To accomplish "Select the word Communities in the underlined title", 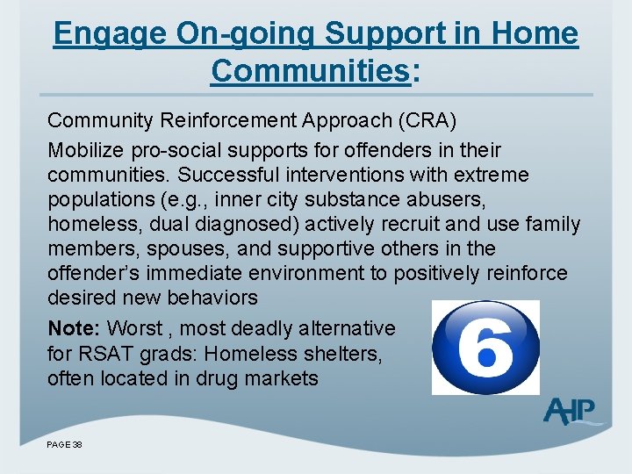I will coord(310,71).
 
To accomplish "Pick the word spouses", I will coord(168,248).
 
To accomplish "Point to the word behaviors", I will coord(214,298).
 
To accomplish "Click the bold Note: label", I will coord(75,328).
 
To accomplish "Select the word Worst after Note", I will coord(134,328).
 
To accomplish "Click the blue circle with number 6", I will coord(485,347).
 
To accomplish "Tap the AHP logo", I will coord(570,411).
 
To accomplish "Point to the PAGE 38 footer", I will coord(65,445).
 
